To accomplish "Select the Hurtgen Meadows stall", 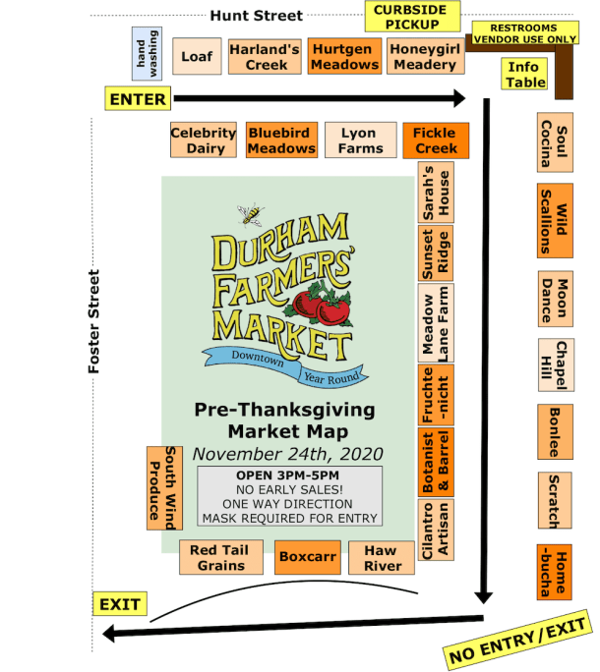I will (344, 57).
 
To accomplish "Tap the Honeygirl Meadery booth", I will (423, 57).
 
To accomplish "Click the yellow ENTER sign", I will (138, 98).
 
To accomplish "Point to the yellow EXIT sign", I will (118, 604).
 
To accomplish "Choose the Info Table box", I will (526, 75).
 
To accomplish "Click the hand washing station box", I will (147, 53).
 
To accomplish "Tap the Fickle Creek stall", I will (435, 140).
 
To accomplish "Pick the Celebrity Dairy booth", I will (204, 140).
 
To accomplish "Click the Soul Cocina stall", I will (555, 143).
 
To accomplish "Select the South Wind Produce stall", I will (164, 487).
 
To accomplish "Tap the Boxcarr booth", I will (308, 557).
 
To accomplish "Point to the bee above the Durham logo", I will (252, 212).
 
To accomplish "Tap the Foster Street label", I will (95, 320).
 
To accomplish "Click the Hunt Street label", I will (256, 16).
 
